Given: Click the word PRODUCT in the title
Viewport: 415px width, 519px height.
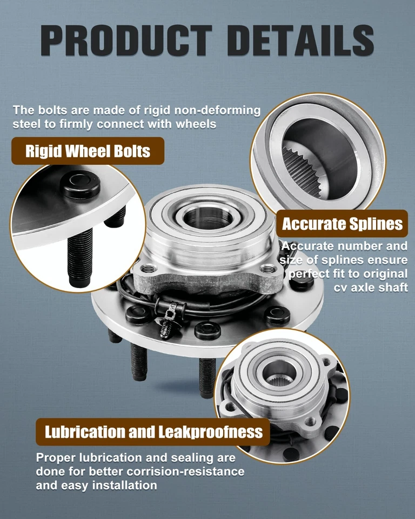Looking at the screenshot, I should coord(125,40).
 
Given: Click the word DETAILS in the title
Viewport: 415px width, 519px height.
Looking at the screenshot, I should coord(300,40).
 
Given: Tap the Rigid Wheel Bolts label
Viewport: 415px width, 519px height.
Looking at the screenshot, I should coord(88,151).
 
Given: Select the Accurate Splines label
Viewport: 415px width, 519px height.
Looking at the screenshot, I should coord(342,223).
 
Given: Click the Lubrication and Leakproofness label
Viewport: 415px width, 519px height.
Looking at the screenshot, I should coord(153,431).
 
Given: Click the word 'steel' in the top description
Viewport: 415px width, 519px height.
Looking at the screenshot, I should coord(25,124).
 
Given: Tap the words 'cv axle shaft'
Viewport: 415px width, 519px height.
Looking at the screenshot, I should coord(371,287).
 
